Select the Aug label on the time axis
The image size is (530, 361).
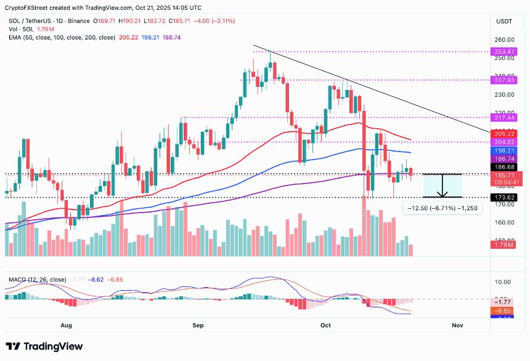(x=67, y=324)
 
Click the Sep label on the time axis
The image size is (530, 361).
(x=198, y=324)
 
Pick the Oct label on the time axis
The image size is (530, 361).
(x=326, y=324)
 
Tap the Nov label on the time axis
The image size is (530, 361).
(x=457, y=324)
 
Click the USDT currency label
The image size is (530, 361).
(x=505, y=22)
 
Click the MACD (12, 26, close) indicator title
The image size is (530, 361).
(x=37, y=280)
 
